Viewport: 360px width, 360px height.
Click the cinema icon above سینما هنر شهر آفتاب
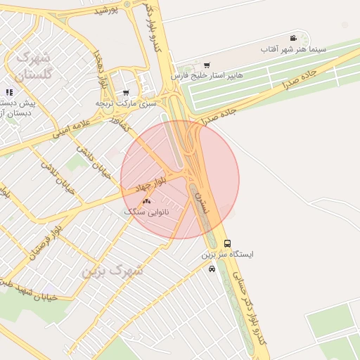292,38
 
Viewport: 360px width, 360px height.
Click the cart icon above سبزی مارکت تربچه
126,92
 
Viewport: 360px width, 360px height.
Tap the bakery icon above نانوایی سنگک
146,202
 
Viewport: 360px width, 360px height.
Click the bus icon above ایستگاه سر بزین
226,243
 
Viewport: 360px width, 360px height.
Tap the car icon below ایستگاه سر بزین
212,269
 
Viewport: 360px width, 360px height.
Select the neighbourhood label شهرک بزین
113,270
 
